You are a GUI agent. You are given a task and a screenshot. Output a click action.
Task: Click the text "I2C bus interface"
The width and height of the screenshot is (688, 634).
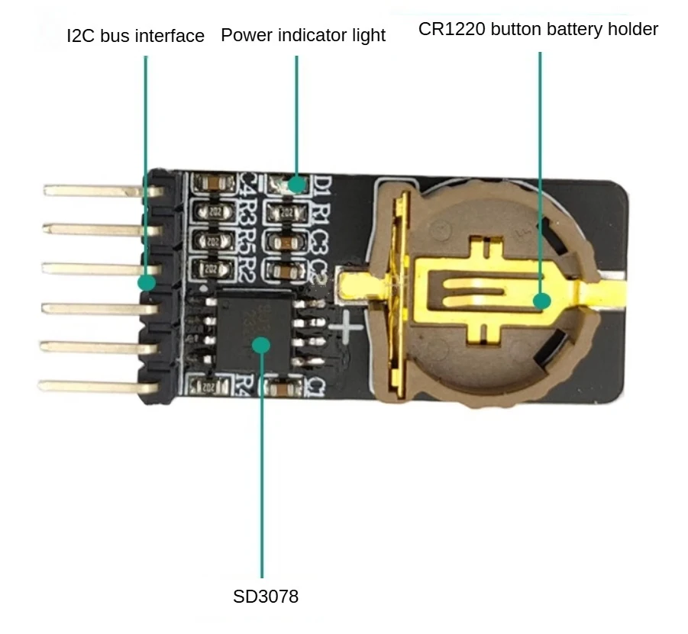click(x=136, y=36)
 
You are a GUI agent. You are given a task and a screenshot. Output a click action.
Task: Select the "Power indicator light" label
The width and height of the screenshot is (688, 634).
click(x=303, y=35)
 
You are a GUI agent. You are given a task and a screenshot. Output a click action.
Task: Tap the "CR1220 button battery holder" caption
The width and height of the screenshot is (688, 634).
click(x=538, y=30)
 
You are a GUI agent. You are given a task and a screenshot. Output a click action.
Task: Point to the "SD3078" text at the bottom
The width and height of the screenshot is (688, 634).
click(x=265, y=596)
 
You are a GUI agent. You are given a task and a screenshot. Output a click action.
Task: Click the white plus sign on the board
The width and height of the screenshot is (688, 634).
click(x=350, y=326)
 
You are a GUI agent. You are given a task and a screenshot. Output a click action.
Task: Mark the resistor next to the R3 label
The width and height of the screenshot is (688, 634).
click(x=212, y=212)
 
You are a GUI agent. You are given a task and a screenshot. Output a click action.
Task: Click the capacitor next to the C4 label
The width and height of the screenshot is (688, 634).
click(x=212, y=184)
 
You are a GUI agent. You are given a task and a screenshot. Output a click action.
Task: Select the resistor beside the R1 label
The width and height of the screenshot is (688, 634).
click(x=288, y=212)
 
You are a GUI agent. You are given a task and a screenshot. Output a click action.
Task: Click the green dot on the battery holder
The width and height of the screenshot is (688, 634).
click(x=542, y=301)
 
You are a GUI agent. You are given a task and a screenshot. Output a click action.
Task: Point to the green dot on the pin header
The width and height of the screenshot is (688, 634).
click(x=147, y=282)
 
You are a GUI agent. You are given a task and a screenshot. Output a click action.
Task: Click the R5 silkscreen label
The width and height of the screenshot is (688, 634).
click(x=246, y=241)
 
